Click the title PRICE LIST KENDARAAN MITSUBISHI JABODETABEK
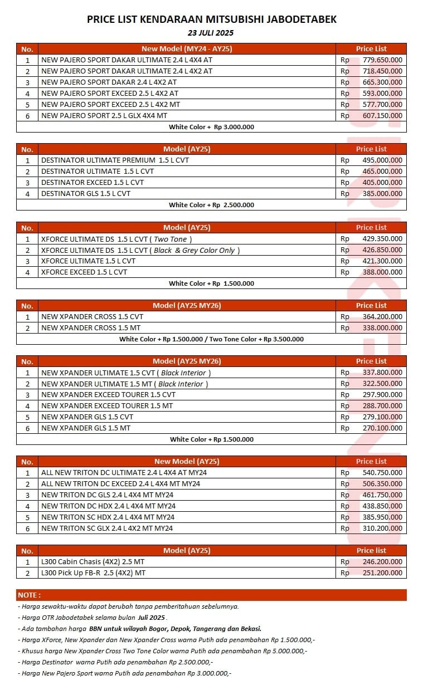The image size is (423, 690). (x=211, y=19)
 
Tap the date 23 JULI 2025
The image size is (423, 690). (x=211, y=33)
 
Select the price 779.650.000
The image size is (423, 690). (x=382, y=60)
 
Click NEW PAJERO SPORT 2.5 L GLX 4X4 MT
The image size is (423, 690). (x=104, y=116)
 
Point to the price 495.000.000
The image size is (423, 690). (x=382, y=160)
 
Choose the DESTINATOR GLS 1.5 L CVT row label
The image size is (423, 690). (x=86, y=194)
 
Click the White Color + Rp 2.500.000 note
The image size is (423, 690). (x=211, y=205)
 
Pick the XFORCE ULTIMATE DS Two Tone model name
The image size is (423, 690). (x=116, y=239)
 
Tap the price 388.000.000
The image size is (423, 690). (x=382, y=272)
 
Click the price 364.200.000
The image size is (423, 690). (x=382, y=317)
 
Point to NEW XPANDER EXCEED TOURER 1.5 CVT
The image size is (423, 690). (x=108, y=395)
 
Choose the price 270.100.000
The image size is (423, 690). (x=382, y=428)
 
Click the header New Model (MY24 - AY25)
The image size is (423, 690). (x=187, y=49)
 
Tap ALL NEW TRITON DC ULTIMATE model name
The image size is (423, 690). (x=124, y=473)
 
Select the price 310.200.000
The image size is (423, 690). (x=382, y=528)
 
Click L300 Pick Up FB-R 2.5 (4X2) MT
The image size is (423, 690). (x=93, y=573)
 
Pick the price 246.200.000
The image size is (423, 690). (x=382, y=562)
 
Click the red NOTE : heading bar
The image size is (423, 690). (x=211, y=595)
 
